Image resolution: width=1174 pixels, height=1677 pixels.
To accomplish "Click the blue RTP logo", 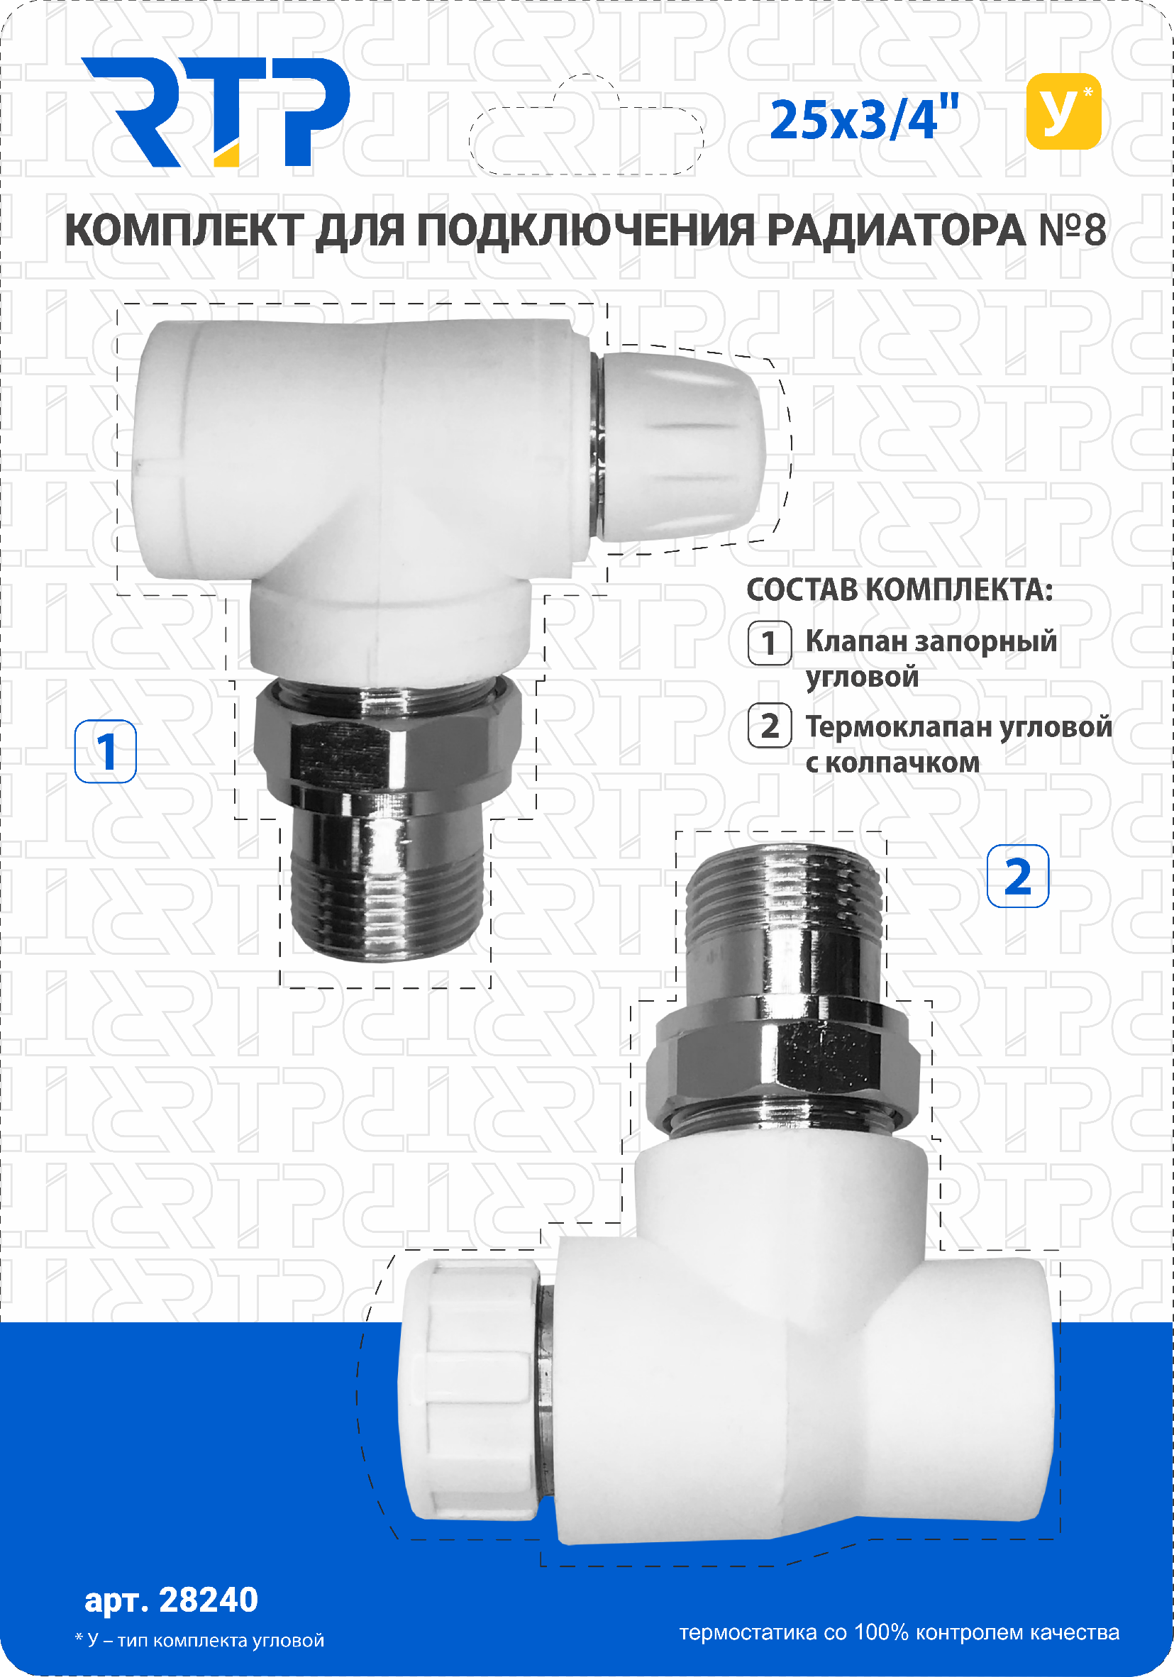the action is click(x=216, y=112).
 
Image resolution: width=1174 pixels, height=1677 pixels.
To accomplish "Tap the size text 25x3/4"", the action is click(x=864, y=119).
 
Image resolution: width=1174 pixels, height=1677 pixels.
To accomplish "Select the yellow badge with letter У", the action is click(x=1063, y=111).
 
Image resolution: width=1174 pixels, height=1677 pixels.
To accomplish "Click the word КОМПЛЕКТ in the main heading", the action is click(x=184, y=231).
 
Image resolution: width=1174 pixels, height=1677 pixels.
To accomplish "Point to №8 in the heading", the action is click(x=1072, y=230).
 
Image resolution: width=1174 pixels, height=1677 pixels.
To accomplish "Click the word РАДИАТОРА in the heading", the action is click(x=896, y=231).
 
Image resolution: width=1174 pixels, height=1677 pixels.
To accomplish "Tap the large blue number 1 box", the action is click(x=106, y=751).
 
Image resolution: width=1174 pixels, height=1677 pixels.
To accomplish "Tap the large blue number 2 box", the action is click(x=1018, y=877).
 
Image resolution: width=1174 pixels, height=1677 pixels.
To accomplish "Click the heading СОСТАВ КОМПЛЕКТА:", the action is click(x=899, y=590).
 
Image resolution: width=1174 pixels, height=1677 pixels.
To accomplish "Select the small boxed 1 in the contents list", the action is click(x=769, y=643).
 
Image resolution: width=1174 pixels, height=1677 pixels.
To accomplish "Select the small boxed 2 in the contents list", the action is click(x=769, y=726).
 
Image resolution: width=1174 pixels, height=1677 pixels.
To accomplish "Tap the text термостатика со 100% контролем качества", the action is click(x=899, y=1632).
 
